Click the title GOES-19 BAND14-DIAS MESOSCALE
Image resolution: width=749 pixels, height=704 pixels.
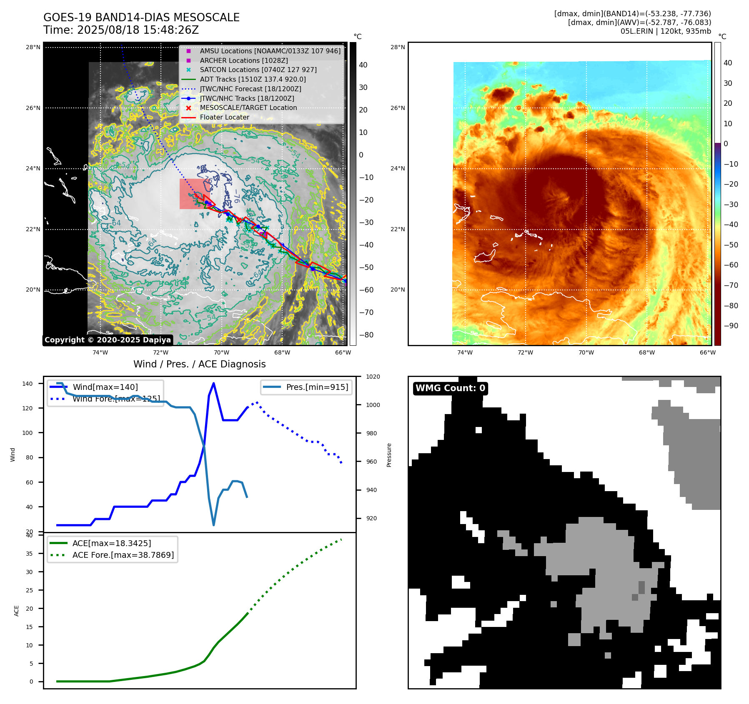pos(141,17)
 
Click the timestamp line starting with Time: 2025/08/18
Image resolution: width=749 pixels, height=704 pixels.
pos(121,30)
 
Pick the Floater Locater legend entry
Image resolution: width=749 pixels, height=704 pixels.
pos(224,117)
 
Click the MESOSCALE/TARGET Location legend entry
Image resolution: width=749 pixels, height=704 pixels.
pos(248,107)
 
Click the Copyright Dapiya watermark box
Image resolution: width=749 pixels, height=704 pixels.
pos(108,340)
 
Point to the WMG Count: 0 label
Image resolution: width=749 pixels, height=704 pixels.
pos(450,388)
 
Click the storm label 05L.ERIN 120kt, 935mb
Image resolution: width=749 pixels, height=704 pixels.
pos(666,31)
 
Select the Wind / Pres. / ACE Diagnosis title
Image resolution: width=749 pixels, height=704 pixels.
pos(199,364)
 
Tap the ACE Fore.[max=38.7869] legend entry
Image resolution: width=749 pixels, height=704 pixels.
pos(123,555)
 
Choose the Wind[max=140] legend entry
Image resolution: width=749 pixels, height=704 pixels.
pos(105,387)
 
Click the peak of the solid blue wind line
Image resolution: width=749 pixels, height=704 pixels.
pos(213,383)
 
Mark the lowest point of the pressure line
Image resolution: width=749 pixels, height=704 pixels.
pos(214,525)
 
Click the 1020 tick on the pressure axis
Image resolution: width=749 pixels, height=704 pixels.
pos(373,377)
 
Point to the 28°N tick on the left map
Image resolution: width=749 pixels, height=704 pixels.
pos(33,47)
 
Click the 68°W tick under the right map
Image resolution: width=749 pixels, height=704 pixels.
pos(647,352)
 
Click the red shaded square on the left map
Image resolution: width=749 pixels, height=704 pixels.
pos(195,194)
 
